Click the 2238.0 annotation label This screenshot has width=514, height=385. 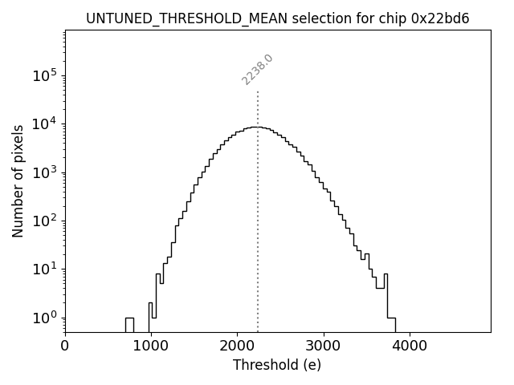(x=258, y=70)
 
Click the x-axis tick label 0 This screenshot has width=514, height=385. (x=65, y=346)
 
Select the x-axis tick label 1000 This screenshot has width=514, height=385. (x=151, y=346)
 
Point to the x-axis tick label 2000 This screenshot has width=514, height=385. (x=237, y=346)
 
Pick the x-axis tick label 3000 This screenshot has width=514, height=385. (x=324, y=346)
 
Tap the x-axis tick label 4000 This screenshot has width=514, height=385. (x=410, y=346)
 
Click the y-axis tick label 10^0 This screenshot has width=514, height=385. (x=44, y=318)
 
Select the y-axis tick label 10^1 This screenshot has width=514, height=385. (x=44, y=269)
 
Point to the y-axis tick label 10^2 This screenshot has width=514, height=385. (x=44, y=221)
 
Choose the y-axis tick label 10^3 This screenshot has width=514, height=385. (x=44, y=172)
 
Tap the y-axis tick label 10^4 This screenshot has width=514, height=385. (x=44, y=124)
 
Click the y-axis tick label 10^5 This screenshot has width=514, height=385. (x=44, y=75)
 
